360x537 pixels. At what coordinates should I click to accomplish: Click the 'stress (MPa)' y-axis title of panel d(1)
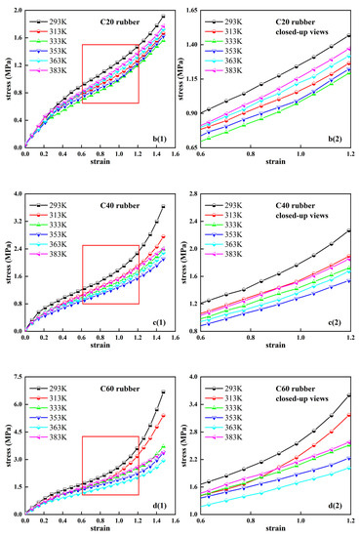click(6, 444)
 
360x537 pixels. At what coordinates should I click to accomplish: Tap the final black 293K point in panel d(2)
click(348, 395)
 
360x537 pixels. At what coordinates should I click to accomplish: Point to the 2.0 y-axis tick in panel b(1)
click(17, 10)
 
